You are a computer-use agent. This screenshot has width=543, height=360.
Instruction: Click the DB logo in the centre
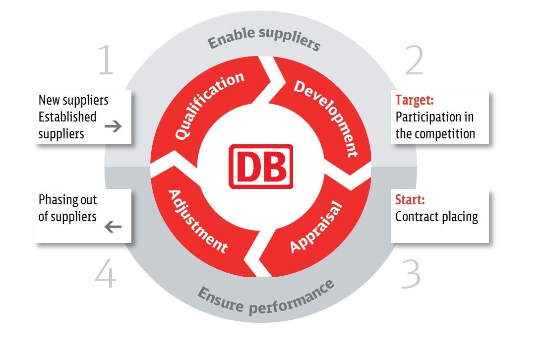(x=261, y=167)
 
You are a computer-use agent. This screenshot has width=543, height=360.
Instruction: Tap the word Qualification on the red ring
(x=210, y=105)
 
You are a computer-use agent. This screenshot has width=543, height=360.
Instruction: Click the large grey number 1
(x=106, y=61)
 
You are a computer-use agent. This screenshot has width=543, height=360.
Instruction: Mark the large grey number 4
(x=106, y=274)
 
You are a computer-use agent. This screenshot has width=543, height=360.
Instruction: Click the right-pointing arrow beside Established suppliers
(x=114, y=126)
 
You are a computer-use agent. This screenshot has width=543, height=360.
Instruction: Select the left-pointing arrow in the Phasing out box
(x=114, y=227)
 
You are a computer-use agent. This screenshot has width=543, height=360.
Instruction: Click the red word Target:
(x=415, y=100)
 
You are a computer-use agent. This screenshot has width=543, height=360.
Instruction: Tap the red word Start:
(x=410, y=200)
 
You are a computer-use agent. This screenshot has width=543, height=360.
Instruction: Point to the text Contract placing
(x=436, y=217)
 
